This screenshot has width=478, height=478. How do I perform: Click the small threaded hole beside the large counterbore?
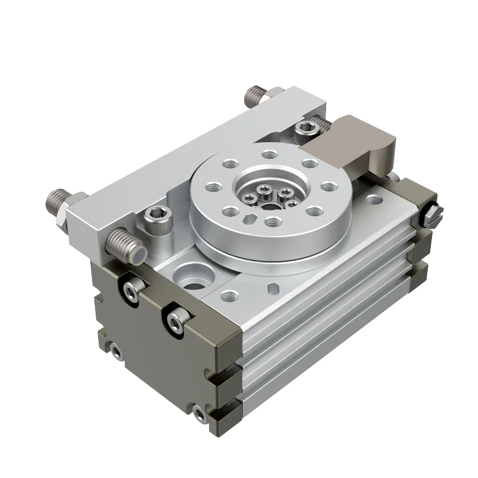click(x=228, y=294)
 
